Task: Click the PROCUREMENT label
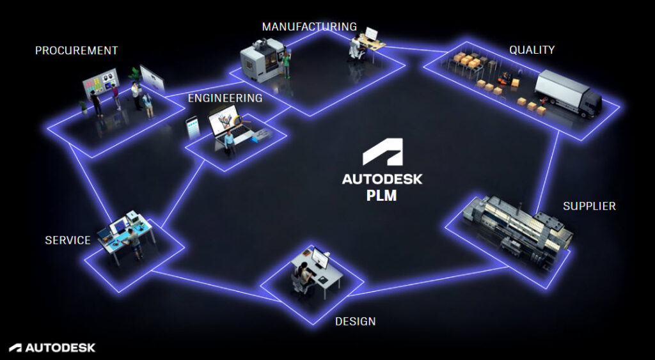[76, 51]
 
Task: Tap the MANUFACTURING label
[309, 27]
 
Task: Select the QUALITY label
[532, 50]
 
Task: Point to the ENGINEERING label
[225, 98]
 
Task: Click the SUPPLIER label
[589, 206]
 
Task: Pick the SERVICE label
[67, 240]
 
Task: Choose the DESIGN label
[355, 321]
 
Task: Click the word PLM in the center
[381, 196]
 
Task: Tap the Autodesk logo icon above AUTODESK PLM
[382, 154]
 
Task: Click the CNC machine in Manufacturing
[259, 59]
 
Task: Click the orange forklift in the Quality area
[505, 79]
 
